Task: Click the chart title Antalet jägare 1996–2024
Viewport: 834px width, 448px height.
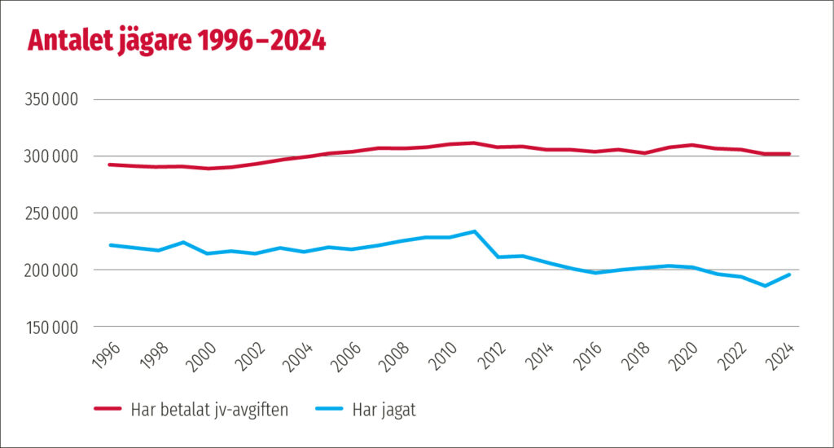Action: [177, 40]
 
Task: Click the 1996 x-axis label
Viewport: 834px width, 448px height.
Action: [107, 355]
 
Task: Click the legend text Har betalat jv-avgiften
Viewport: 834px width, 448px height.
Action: [208, 410]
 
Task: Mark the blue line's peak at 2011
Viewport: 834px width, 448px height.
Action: [474, 231]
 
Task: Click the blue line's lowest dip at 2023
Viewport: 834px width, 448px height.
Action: [766, 286]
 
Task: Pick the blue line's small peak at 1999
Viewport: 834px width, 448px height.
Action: [182, 242]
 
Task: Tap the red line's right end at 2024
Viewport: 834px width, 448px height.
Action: [789, 154]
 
